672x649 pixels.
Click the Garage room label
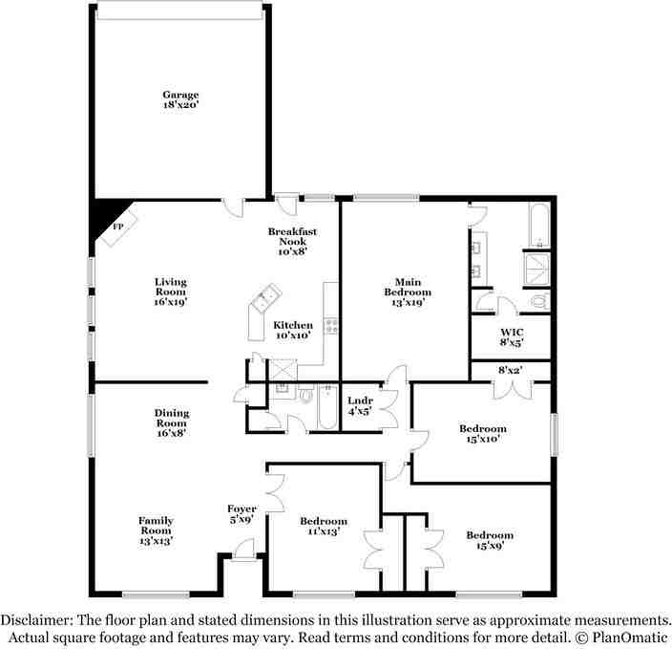(x=179, y=100)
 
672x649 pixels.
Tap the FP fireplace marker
(x=118, y=227)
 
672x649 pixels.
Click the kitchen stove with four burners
(x=331, y=325)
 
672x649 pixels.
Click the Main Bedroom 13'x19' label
(x=408, y=292)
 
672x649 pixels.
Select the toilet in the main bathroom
(x=538, y=302)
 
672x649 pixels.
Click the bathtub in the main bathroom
(x=537, y=226)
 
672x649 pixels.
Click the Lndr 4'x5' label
(x=360, y=405)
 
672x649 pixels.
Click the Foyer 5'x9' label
(x=241, y=514)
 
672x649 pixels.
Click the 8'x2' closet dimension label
(x=511, y=368)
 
